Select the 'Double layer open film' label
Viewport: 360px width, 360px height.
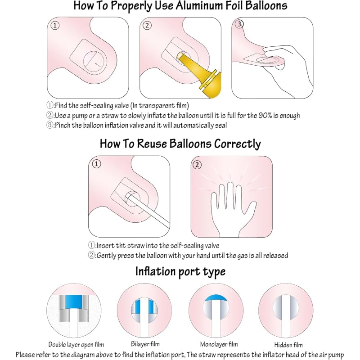76,345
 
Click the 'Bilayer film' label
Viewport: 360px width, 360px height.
145,344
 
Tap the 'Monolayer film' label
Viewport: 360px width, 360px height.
219,344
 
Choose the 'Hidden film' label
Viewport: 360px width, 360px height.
288,345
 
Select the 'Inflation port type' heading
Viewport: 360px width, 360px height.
180,272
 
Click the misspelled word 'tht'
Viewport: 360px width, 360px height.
121,245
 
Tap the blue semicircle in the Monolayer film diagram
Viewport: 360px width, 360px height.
216,298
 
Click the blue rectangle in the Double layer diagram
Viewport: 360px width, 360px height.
74,302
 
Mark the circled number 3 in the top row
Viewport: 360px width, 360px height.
239,24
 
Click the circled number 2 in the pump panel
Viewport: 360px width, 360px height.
147,25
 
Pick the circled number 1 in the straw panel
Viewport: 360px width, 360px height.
96,164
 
